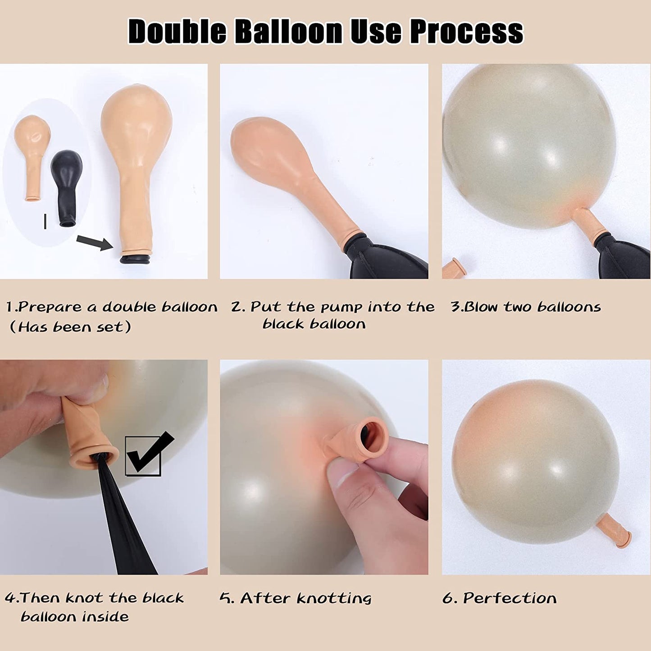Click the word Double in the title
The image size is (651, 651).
tap(178, 32)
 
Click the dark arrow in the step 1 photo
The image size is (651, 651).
tap(95, 243)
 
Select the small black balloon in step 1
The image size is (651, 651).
tap(67, 188)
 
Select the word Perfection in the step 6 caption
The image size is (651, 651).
tap(510, 598)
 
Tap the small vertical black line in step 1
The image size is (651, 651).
tap(45, 221)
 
